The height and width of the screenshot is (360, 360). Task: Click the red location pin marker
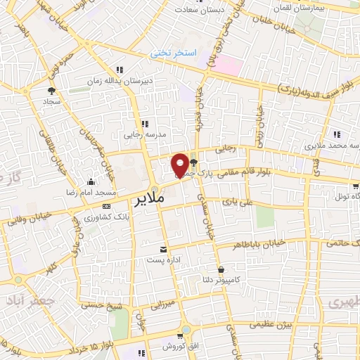(x=180, y=165)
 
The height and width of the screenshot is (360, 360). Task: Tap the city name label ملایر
(x=148, y=198)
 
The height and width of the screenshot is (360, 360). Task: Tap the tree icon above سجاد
(x=51, y=91)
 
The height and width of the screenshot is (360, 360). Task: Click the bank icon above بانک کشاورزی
(x=106, y=206)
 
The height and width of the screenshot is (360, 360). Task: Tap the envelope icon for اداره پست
(x=164, y=250)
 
